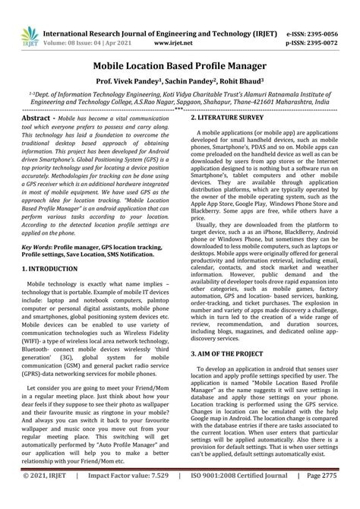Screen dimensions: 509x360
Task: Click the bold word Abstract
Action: (39, 120)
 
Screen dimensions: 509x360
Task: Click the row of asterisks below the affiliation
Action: (179, 109)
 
